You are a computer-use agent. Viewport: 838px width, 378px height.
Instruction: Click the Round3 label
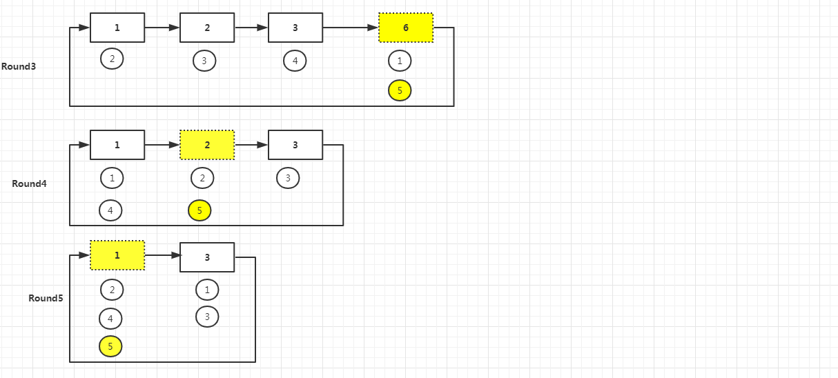pos(19,67)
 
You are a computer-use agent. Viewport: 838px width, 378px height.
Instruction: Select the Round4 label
pos(29,184)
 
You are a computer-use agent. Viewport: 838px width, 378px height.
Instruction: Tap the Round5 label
pos(46,299)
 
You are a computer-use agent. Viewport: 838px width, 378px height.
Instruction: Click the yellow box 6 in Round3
pos(406,28)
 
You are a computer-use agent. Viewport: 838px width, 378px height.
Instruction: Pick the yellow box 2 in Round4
pos(207,145)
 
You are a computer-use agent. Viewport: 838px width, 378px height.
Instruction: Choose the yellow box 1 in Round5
pos(117,255)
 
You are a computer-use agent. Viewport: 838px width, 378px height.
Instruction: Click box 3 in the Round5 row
pos(207,257)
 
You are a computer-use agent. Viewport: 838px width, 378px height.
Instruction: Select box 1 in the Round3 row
pos(117,28)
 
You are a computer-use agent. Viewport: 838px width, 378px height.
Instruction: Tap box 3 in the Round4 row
pos(295,145)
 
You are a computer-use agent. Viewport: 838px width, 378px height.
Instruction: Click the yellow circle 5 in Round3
pos(400,90)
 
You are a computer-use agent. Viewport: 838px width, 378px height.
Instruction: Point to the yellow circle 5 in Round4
pos(199,210)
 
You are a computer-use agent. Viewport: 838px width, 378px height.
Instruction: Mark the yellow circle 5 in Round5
pos(111,346)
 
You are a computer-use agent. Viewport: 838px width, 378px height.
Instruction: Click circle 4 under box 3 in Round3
pos(295,61)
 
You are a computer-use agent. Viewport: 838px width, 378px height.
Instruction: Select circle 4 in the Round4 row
pos(110,210)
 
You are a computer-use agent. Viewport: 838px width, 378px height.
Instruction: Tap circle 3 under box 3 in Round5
pos(207,317)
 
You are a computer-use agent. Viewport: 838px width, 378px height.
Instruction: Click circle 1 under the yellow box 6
pos(400,61)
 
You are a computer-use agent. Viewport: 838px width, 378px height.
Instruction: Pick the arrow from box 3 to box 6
pos(351,28)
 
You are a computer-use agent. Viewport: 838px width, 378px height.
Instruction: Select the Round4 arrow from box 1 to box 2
pos(162,145)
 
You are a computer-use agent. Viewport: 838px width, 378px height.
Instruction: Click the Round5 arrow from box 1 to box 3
pos(162,255)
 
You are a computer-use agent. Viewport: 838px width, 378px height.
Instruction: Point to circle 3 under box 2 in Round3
pos(204,61)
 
